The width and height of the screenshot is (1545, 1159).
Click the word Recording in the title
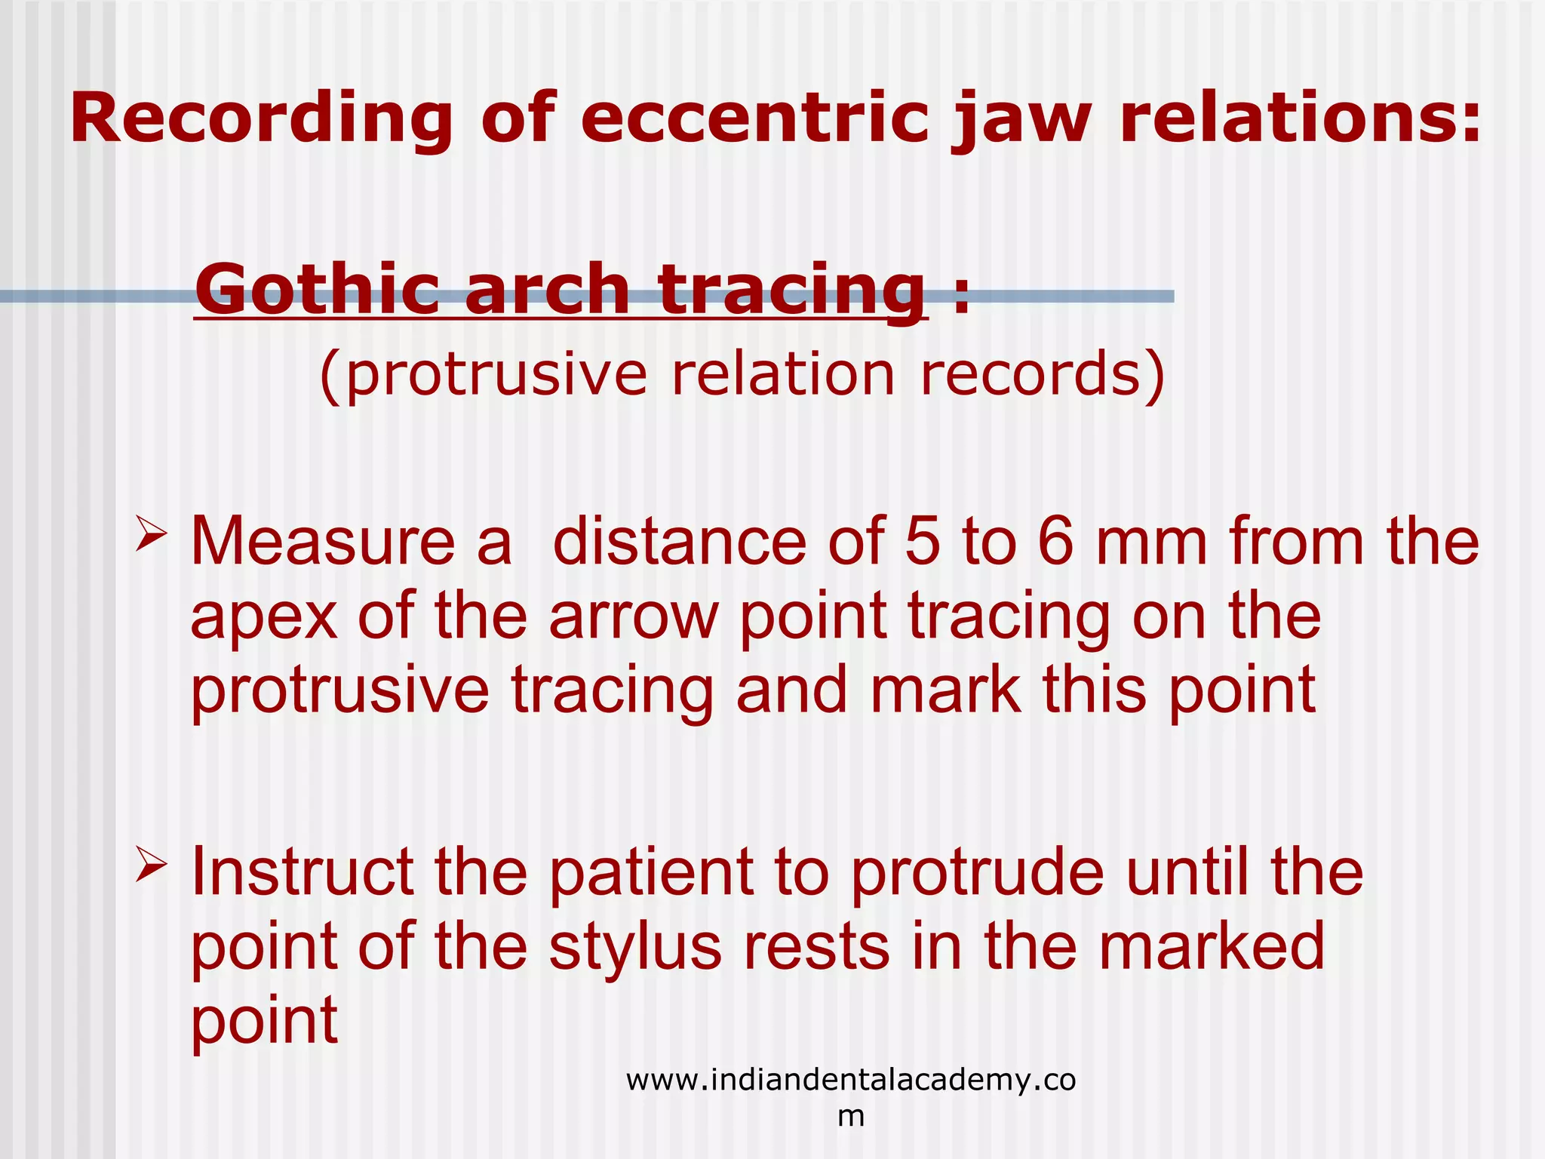click(x=261, y=119)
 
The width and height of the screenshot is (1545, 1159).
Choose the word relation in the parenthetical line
click(x=783, y=374)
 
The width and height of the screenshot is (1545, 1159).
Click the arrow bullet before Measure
click(x=151, y=534)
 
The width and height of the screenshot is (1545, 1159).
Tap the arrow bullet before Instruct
click(x=151, y=865)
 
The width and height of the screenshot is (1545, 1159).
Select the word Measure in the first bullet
click(x=323, y=542)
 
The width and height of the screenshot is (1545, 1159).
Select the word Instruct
click(x=302, y=872)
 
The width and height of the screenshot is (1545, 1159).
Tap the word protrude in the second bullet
click(x=978, y=874)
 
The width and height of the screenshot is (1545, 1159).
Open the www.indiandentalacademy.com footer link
click(x=850, y=1081)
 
